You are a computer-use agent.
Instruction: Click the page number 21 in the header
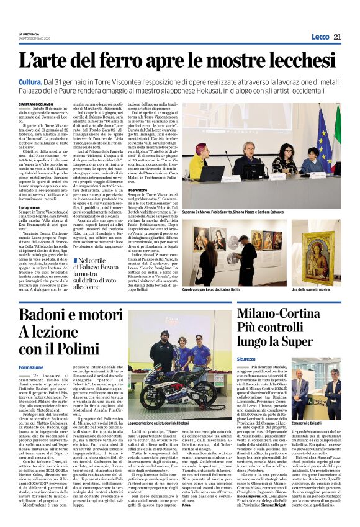(337, 37)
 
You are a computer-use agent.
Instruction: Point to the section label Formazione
(32, 367)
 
